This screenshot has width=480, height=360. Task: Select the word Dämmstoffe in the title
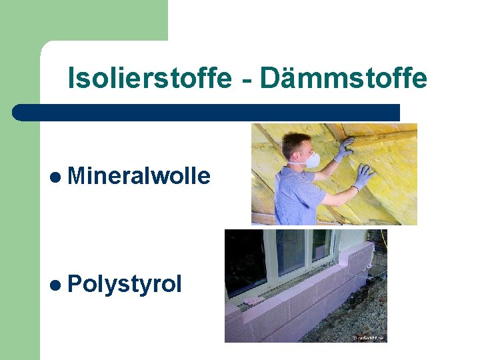pyautogui.click(x=343, y=79)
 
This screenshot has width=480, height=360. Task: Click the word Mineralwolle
pyautogui.click(x=139, y=176)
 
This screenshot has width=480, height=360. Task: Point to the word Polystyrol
pyautogui.click(x=124, y=285)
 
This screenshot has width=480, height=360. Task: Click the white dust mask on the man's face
pyautogui.click(x=311, y=160)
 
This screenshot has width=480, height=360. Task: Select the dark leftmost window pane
pyautogui.click(x=244, y=263)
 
